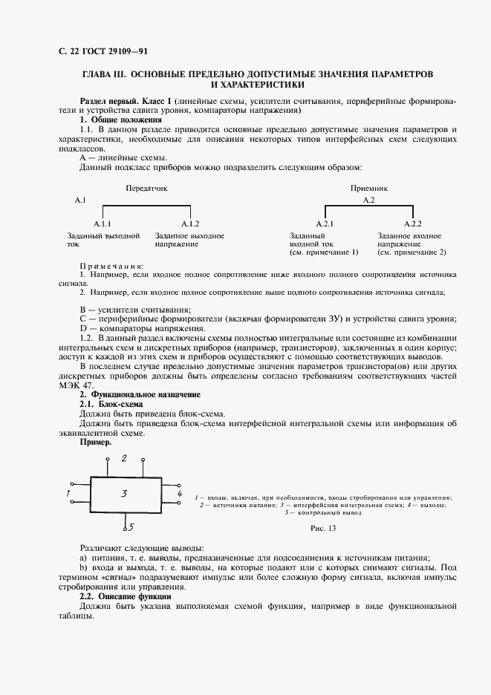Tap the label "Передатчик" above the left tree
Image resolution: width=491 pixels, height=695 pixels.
tap(146, 189)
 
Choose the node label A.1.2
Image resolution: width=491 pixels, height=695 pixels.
tap(190, 223)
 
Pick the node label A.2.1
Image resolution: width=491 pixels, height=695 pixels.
tap(325, 223)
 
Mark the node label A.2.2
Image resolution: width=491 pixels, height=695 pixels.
tap(412, 223)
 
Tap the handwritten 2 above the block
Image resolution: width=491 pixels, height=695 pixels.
tap(124, 458)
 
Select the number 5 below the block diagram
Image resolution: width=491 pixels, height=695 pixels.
tap(130, 528)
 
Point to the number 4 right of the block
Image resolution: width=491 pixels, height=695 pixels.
tap(179, 492)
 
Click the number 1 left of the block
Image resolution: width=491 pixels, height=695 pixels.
tap(68, 492)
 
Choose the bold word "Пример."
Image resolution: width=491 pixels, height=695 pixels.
tap(95, 442)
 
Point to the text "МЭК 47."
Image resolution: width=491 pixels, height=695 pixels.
tap(76, 385)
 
